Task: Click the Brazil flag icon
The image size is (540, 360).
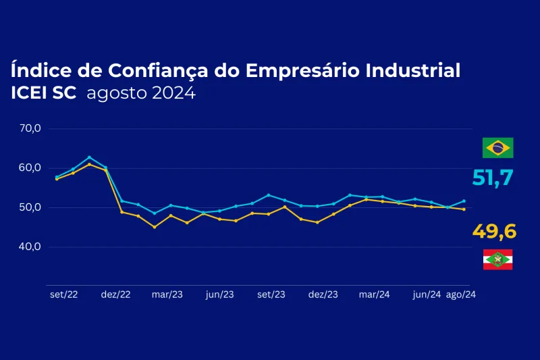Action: (497, 147)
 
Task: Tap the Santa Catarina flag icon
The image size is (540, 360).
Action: (497, 259)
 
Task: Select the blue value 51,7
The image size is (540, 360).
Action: (493, 178)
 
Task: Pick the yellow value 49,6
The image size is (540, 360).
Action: (494, 232)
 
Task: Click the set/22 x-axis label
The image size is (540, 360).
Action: (63, 294)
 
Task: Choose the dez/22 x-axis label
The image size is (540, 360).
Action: (115, 294)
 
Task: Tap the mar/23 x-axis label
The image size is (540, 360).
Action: (167, 294)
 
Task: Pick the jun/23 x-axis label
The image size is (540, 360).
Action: (219, 294)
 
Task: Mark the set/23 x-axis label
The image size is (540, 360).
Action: (271, 294)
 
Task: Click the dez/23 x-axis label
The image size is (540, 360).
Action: (323, 294)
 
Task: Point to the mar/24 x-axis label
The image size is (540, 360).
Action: (374, 294)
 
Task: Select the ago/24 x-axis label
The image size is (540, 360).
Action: (461, 294)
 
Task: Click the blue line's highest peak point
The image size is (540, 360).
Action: (89, 157)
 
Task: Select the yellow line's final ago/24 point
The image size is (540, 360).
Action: (464, 209)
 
